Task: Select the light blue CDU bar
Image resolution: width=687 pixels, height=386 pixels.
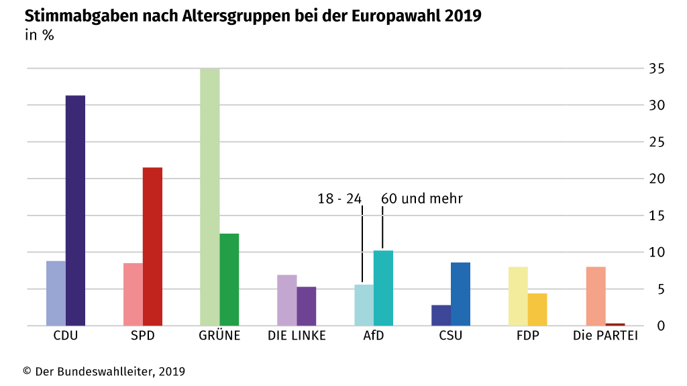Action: click(56, 293)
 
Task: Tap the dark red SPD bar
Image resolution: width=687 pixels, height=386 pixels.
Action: click(152, 246)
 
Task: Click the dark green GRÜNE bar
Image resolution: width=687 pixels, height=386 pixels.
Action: click(229, 279)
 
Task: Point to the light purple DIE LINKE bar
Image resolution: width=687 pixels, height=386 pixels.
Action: click(287, 300)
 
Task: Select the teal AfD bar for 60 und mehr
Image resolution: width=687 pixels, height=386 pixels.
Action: click(383, 288)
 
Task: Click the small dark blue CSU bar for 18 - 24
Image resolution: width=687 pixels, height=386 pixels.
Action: click(441, 315)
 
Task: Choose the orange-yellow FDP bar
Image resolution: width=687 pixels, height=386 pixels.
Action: click(537, 309)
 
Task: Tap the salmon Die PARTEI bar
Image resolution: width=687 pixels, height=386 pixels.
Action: click(596, 296)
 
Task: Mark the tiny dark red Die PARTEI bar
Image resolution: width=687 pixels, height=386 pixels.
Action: click(615, 324)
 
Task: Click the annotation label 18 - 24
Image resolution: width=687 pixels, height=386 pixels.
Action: click(339, 199)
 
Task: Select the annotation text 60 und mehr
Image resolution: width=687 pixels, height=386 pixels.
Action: click(422, 199)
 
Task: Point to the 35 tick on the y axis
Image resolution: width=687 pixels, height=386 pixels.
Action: click(656, 68)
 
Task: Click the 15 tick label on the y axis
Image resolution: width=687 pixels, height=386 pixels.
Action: click(656, 215)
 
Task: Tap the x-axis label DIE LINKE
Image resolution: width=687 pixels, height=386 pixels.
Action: click(297, 336)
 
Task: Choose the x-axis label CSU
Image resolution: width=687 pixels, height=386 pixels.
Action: click(450, 336)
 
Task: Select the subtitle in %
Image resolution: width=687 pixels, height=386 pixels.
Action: click(40, 36)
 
